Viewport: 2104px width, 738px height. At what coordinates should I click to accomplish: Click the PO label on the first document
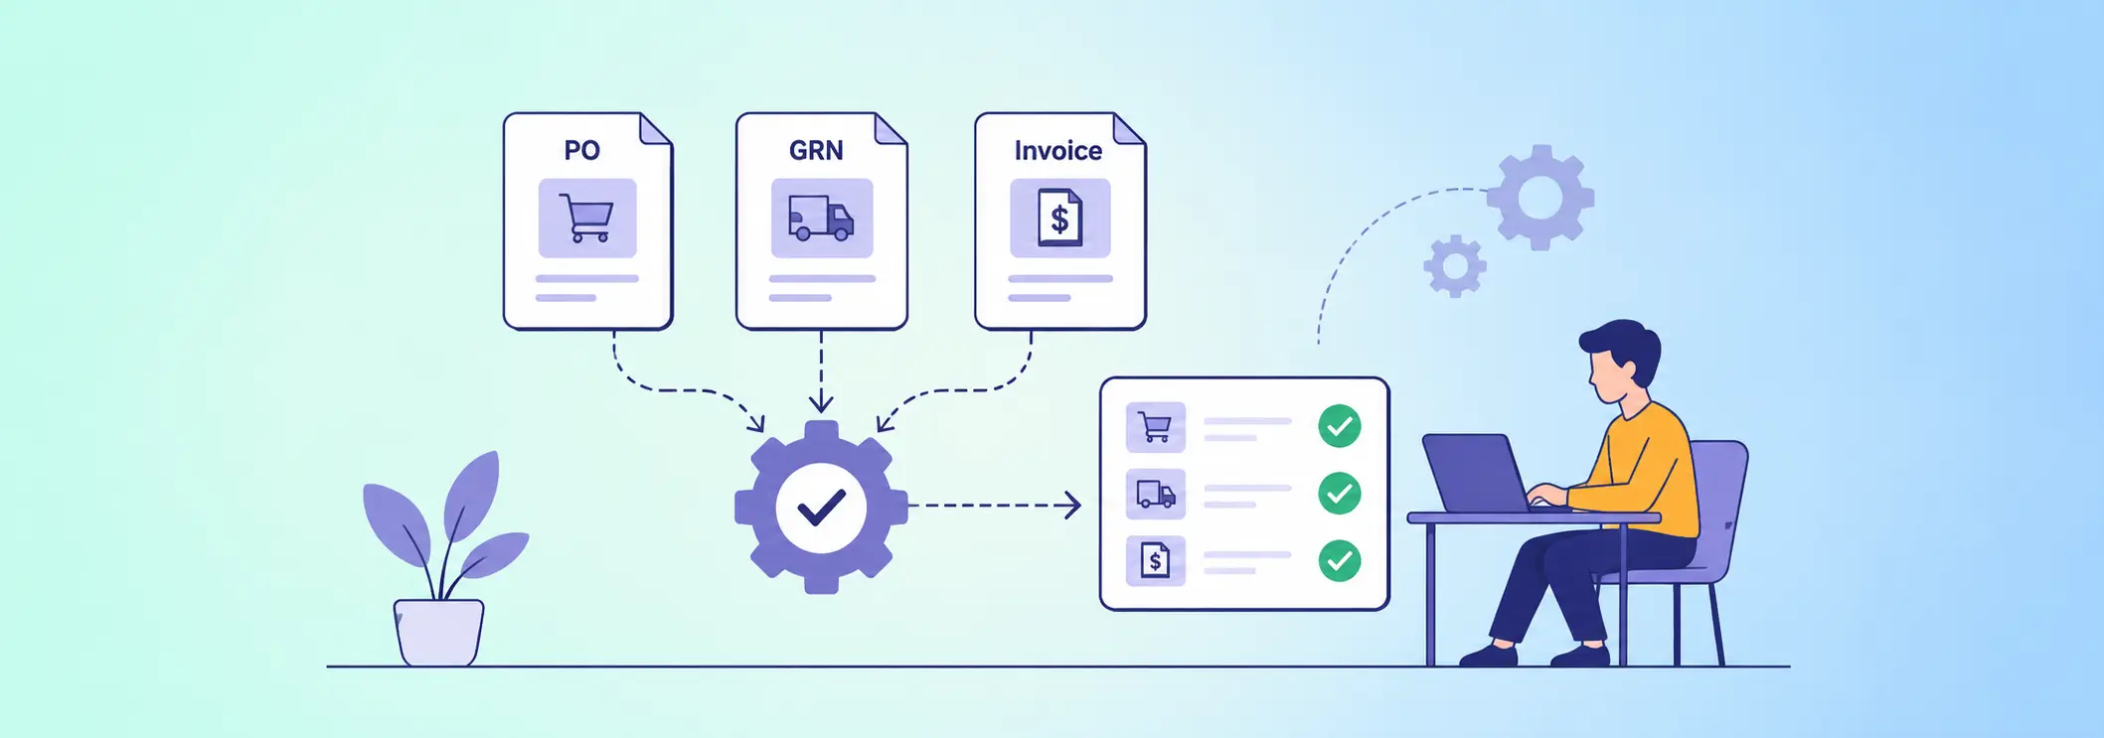(x=582, y=150)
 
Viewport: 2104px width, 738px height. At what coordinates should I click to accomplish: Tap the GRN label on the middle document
(x=816, y=150)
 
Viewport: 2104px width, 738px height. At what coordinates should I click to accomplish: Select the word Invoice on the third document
(x=1058, y=150)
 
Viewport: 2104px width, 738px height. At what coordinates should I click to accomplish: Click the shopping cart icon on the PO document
(x=586, y=218)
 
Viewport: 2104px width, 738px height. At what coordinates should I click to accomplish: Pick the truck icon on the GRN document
(x=821, y=218)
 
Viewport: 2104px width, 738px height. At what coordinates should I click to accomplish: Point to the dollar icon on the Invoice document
(x=1059, y=218)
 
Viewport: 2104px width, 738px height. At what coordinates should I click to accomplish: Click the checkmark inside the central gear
(x=821, y=508)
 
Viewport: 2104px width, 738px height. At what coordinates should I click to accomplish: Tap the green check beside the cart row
(x=1340, y=426)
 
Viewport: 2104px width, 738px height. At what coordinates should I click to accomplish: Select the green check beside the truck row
(x=1340, y=493)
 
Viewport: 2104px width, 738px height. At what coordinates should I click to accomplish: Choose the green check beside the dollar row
(x=1340, y=560)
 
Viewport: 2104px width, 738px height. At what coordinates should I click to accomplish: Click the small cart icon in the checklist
(x=1155, y=427)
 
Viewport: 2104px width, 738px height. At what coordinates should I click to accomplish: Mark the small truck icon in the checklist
(x=1155, y=494)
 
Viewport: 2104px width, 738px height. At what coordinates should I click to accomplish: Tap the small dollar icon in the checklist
(x=1155, y=560)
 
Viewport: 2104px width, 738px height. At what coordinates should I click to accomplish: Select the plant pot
(x=438, y=632)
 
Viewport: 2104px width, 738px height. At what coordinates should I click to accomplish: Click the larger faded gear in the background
(x=1540, y=198)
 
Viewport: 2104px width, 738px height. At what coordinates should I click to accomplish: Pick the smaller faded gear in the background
(x=1455, y=266)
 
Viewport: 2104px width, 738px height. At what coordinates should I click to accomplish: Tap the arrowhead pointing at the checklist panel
(x=1073, y=506)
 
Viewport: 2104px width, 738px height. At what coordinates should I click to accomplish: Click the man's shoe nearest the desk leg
(x=1580, y=656)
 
